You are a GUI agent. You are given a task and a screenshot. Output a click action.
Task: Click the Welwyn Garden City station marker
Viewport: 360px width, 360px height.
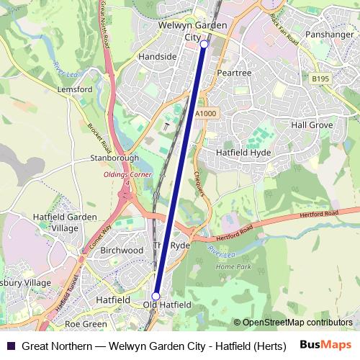pos(204,45)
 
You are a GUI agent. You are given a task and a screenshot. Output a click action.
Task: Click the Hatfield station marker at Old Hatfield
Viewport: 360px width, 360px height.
pos(156,296)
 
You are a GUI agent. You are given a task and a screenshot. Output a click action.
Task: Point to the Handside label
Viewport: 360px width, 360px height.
pos(157,56)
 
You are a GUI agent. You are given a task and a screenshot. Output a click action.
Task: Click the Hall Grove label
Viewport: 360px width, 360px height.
pos(312,125)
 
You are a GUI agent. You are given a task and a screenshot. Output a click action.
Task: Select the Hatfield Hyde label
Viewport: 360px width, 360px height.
pos(243,153)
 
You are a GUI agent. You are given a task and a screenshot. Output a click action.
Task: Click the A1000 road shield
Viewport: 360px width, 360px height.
pos(205,114)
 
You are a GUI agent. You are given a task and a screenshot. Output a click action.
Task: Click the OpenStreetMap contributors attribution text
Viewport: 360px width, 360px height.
pos(297,323)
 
